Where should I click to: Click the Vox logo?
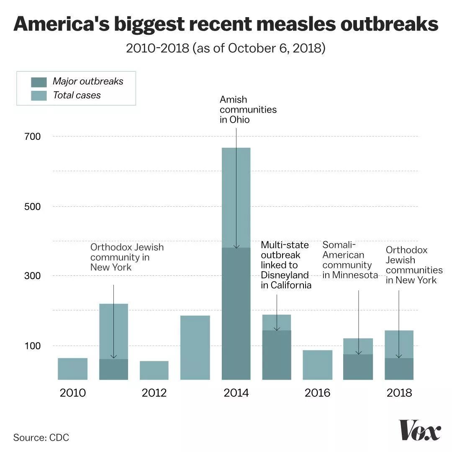(420, 430)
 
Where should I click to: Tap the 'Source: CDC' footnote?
(41, 438)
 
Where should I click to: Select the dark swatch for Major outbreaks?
(39, 82)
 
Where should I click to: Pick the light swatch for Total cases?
(39, 95)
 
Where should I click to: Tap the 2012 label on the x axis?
(154, 393)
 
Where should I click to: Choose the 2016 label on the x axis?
(317, 393)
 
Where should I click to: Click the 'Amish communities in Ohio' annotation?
(248, 110)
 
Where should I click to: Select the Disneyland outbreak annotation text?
(286, 265)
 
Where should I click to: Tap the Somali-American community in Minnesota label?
(350, 260)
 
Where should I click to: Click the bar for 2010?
(72, 369)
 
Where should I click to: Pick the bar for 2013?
(195, 348)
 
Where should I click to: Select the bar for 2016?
(317, 365)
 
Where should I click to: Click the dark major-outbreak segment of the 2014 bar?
(236, 314)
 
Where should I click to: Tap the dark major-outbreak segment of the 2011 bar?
(113, 370)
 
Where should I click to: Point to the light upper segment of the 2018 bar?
(399, 344)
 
